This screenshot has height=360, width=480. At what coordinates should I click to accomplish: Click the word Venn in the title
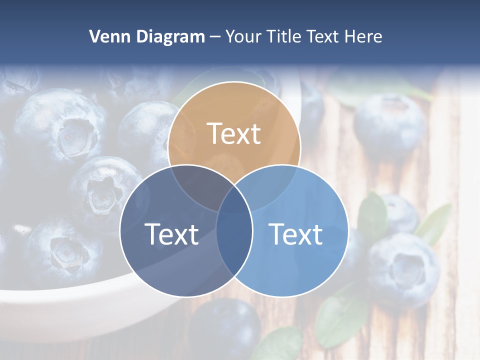coord(107,36)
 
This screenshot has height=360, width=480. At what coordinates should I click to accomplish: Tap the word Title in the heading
coord(283,36)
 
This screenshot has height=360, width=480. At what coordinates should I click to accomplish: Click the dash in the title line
coord(215,37)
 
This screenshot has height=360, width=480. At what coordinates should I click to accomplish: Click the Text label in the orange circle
coord(234,133)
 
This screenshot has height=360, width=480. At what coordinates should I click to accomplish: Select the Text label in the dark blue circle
coord(171,233)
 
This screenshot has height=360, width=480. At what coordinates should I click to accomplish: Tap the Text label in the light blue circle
coord(295,233)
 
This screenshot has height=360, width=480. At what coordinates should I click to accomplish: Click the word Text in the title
coord(325,36)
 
